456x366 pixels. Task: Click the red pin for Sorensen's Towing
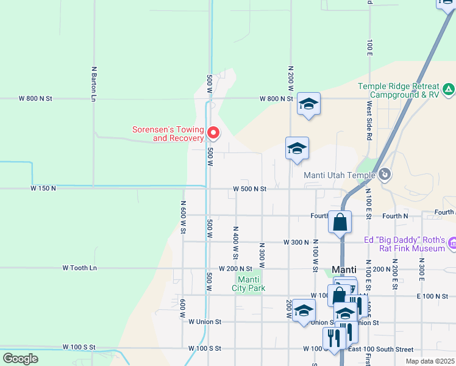point(213,132)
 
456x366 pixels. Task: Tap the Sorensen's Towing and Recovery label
point(168,134)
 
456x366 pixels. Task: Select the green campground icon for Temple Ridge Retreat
point(449,90)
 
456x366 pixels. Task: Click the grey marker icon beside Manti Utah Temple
point(384,175)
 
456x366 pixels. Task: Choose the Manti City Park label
point(249,284)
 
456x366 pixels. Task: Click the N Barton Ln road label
point(94,84)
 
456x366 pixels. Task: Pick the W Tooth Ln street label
point(80,268)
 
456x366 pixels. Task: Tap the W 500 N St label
point(250,189)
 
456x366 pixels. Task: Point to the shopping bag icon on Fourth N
point(340,221)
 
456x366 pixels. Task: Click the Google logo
point(20,359)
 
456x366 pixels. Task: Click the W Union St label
point(204,321)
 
